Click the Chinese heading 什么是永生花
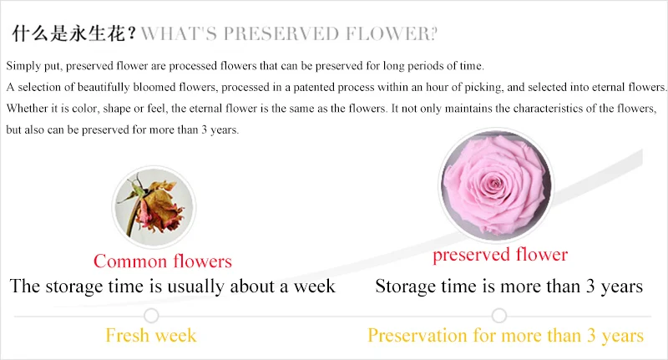(x=69, y=33)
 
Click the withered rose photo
(x=154, y=207)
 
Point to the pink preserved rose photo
(x=496, y=184)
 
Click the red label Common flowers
(x=163, y=261)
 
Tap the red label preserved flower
(x=500, y=255)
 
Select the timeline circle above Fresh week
(x=151, y=316)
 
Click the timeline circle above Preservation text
(x=498, y=316)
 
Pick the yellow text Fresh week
(x=151, y=335)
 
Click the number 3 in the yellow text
(x=591, y=335)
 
